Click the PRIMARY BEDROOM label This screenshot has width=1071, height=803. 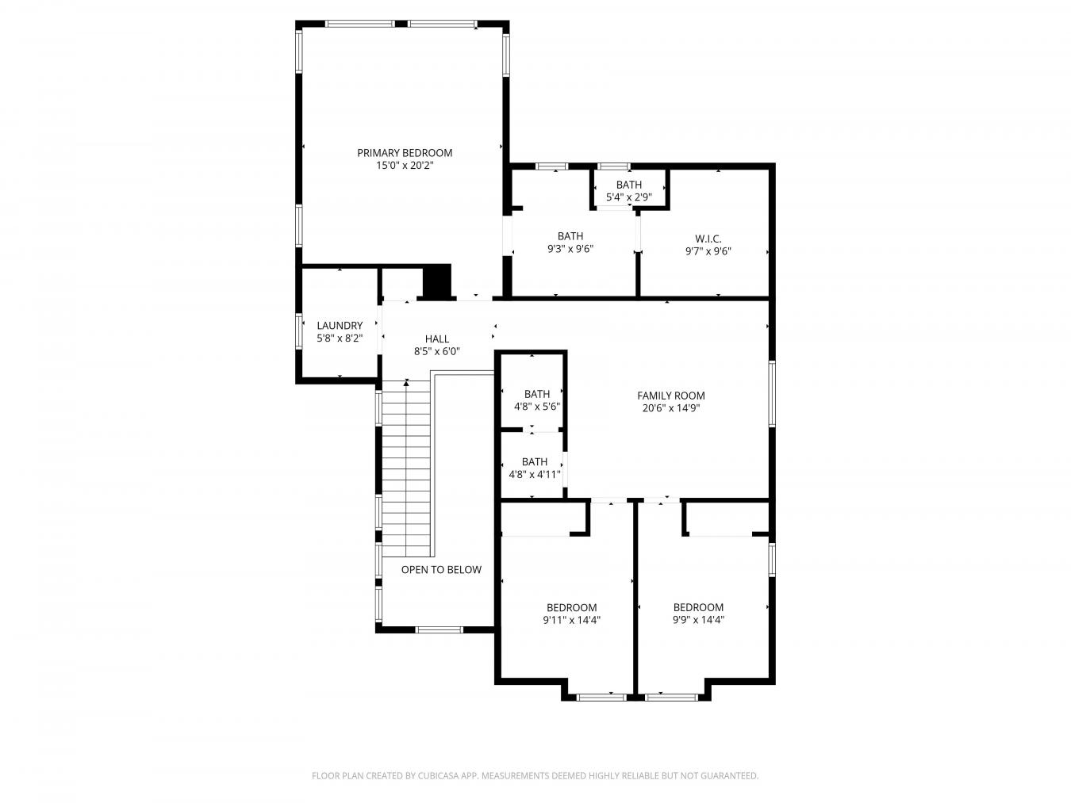pos(404,153)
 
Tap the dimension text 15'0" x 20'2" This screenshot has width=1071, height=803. pos(404,166)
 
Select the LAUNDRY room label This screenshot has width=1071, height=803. pos(340,325)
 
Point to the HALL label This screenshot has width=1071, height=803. pos(436,338)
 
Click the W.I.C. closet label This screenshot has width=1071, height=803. pos(708,239)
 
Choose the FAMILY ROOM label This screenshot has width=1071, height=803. pos(670,396)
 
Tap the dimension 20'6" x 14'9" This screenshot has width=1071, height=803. pos(670,408)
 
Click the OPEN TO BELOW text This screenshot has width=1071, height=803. pos(440,569)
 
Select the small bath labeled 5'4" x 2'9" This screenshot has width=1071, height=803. pos(628,191)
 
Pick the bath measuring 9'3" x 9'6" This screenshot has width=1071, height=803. pos(570,242)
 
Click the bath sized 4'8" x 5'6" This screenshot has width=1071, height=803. pos(536,400)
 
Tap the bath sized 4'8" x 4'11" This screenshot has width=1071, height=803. pos(534,468)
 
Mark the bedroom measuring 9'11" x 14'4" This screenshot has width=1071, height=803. pos(571,614)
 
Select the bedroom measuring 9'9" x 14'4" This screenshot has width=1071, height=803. pos(698,614)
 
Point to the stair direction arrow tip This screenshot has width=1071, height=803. pos(406,383)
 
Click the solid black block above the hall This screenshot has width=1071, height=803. pos(436,281)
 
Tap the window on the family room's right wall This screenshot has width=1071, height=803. pos(770,394)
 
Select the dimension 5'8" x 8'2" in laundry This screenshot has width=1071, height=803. pos(340,338)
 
